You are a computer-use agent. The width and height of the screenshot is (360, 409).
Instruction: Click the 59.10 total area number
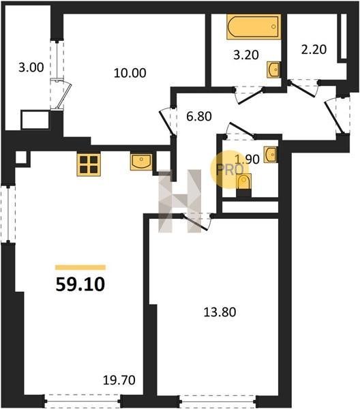point(80,284)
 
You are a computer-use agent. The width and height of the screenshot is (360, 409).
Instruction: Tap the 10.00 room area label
point(130,73)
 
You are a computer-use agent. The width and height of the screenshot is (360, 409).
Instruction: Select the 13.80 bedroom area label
point(220,312)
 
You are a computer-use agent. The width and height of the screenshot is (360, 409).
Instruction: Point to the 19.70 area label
point(119,380)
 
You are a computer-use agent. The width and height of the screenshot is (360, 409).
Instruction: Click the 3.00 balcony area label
point(31,67)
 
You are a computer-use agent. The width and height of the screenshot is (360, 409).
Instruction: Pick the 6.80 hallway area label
point(199,117)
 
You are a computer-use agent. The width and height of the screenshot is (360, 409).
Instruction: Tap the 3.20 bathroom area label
point(246,55)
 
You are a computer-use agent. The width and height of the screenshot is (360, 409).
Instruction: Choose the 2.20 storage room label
point(314,49)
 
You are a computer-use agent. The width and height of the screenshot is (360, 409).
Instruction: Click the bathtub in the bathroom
point(254,27)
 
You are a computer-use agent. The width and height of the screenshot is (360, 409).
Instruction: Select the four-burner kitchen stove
point(89,164)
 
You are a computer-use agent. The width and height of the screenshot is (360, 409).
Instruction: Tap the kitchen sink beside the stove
point(141,162)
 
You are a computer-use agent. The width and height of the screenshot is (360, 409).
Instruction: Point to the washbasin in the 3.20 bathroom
point(273,70)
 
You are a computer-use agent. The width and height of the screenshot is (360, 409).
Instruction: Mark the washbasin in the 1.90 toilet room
point(271,155)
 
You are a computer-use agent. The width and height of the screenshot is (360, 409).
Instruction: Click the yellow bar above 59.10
point(80,267)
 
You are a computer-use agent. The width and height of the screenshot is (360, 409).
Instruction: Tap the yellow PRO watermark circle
point(228,170)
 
